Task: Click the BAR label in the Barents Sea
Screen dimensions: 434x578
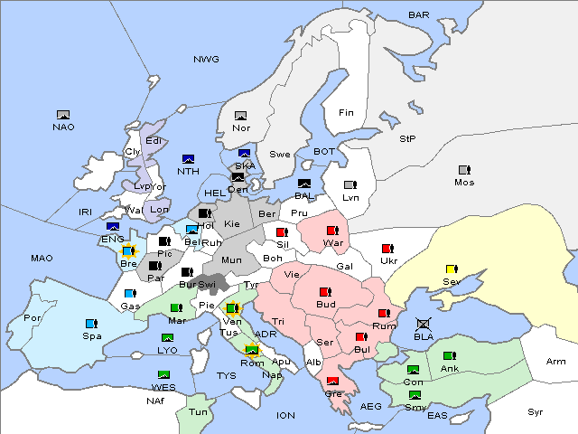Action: (419, 15)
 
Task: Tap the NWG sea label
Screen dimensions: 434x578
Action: (206, 60)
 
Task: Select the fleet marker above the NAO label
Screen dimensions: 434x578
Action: (63, 115)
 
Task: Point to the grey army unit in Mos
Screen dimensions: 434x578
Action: (464, 170)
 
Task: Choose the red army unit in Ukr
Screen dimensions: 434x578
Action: (388, 249)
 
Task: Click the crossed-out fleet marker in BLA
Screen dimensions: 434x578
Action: (424, 323)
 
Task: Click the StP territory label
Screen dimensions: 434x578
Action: (407, 139)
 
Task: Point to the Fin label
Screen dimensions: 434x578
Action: (345, 113)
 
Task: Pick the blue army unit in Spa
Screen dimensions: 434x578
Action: (90, 323)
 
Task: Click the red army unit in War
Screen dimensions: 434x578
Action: (332, 231)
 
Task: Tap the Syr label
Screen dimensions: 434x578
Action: (536, 412)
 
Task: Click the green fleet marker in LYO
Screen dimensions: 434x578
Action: (167, 338)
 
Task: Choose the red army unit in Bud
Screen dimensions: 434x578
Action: (325, 292)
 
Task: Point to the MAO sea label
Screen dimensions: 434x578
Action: (42, 259)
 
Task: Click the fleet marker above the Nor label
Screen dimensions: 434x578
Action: (240, 116)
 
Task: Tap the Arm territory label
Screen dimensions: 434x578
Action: (556, 362)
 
